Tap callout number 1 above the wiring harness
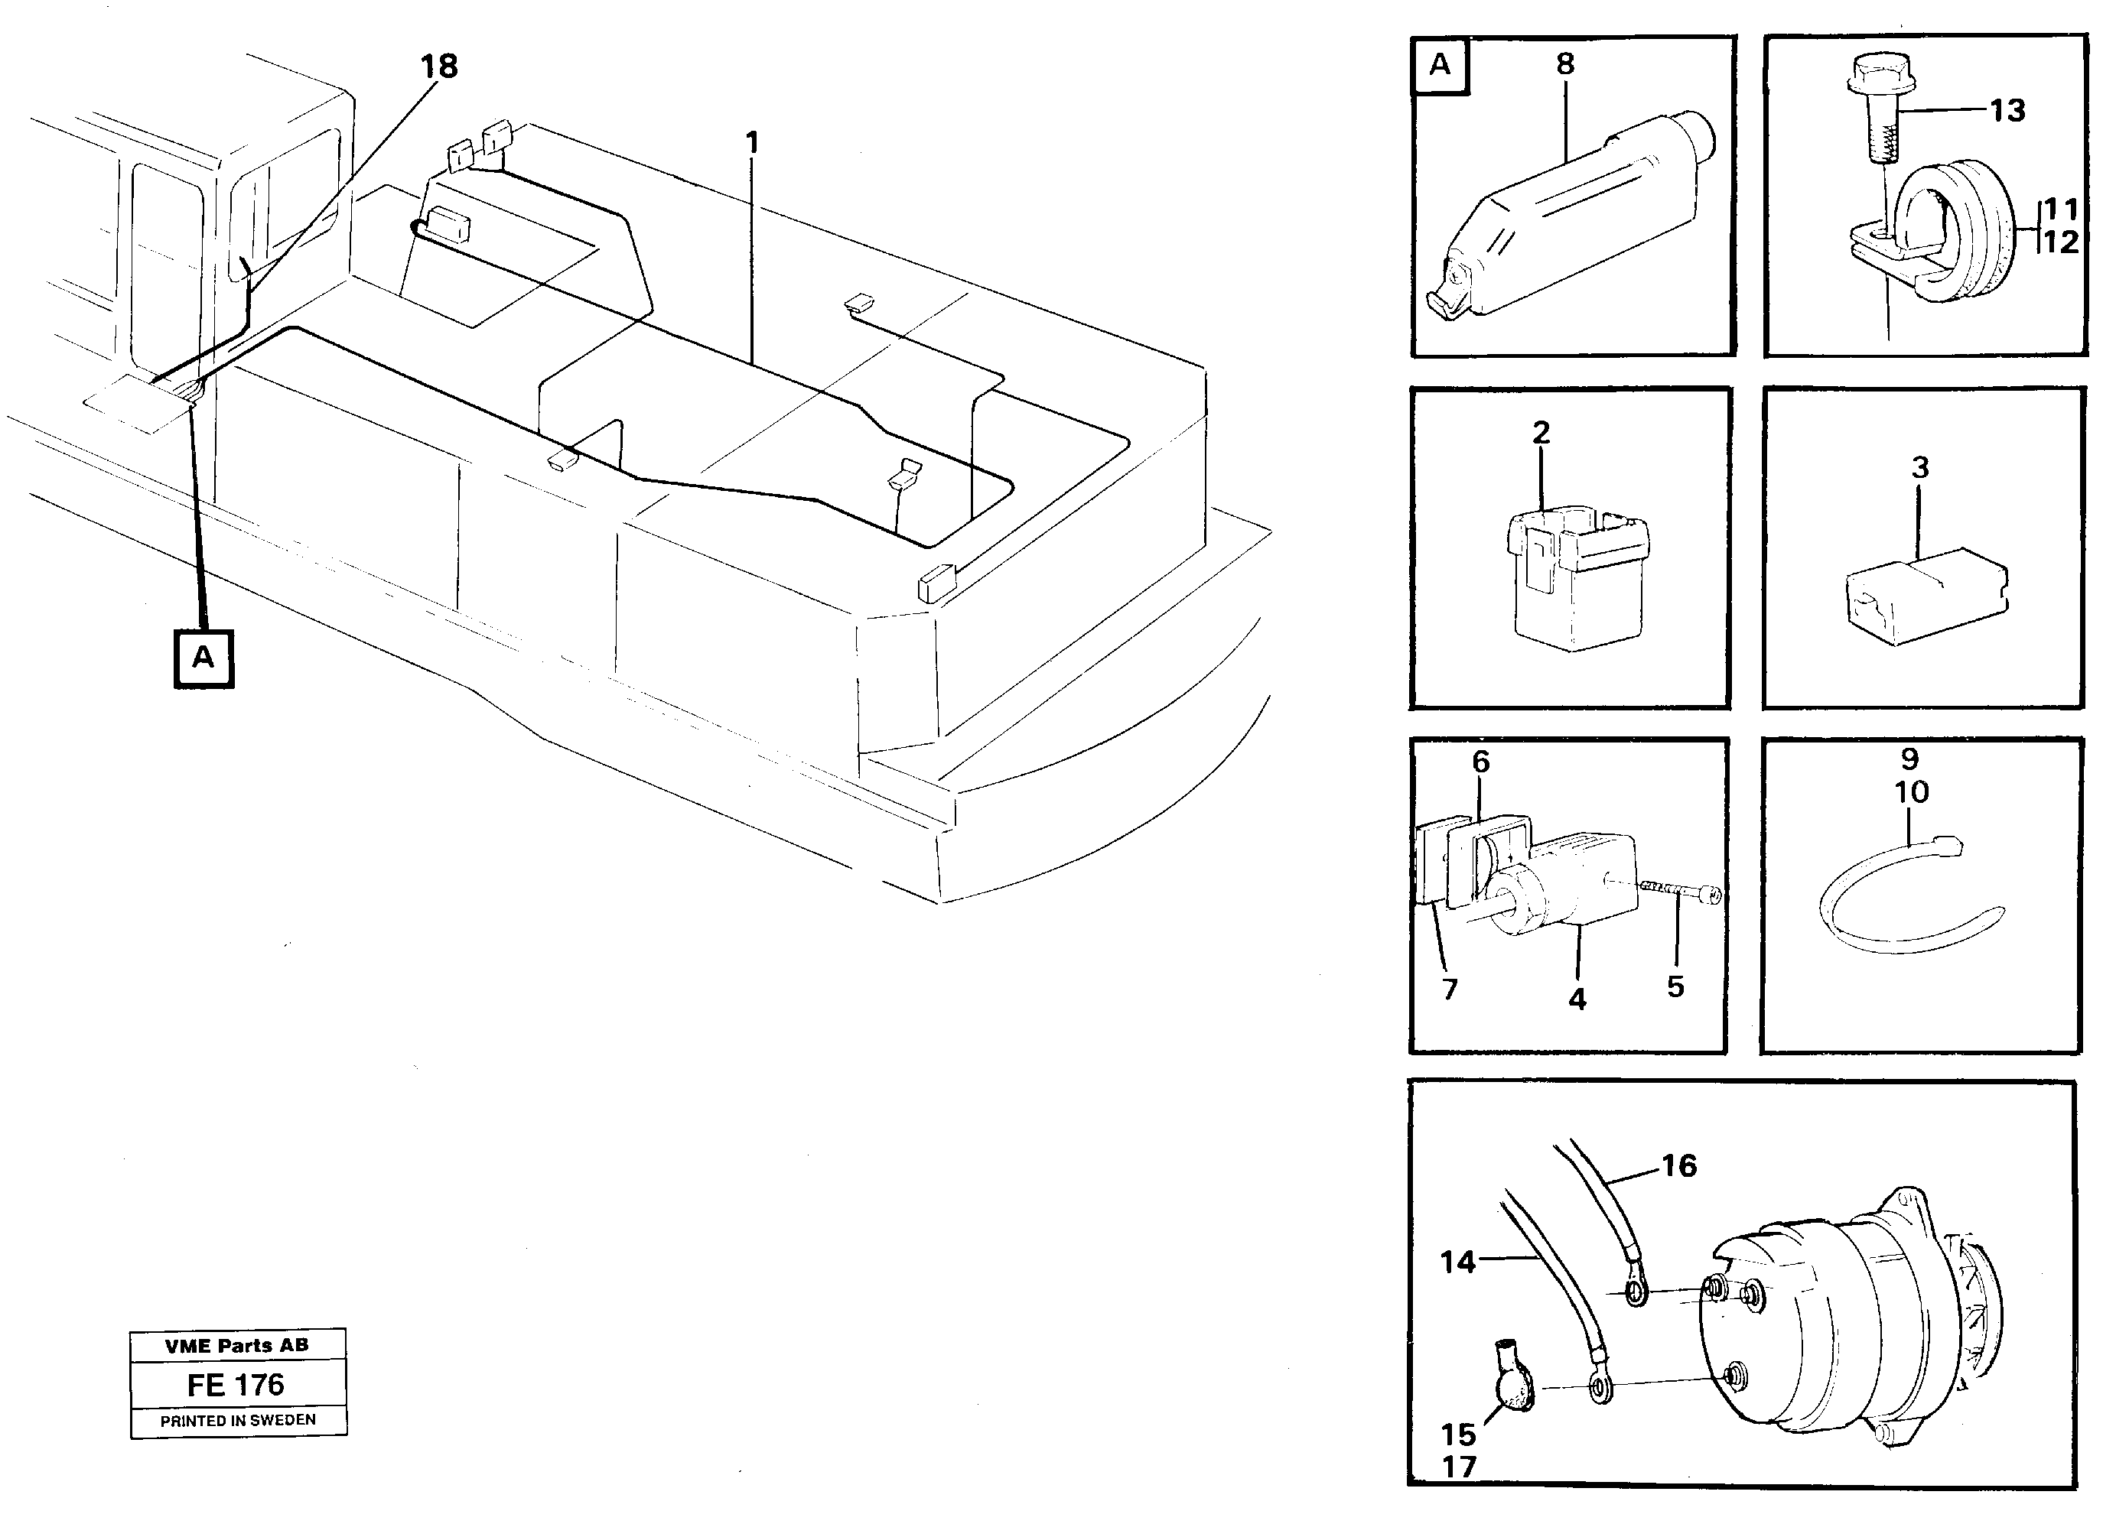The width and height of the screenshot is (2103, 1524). pos(752,143)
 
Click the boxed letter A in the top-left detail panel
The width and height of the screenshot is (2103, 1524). pos(1439,65)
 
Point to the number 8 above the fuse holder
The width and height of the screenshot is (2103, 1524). pos(1565,64)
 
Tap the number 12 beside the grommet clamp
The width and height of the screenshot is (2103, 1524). pos(2059,243)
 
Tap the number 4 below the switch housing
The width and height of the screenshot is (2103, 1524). pos(1577,999)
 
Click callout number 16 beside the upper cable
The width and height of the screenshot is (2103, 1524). pos(1679,1165)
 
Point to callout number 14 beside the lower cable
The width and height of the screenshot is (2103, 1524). pos(1457,1262)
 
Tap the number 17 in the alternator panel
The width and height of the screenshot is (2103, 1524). pos(1459,1467)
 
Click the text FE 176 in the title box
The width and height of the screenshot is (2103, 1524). pos(236,1385)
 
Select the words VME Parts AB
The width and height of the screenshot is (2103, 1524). pos(236,1345)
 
